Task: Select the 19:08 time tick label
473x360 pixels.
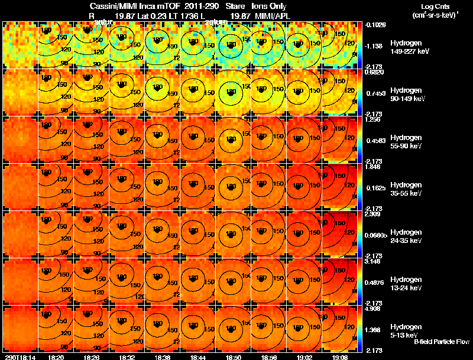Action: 339,357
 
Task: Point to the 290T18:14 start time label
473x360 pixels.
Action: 20,357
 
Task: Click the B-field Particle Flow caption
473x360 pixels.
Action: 441,342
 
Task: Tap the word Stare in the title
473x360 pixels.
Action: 235,5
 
